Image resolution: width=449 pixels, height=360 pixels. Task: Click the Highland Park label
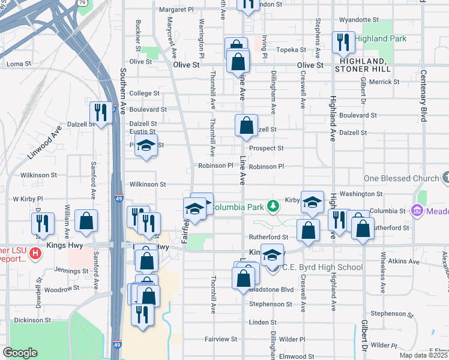click(x=380, y=38)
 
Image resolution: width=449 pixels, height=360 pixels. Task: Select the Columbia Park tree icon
click(x=273, y=206)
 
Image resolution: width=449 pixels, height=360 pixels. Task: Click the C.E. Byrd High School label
click(x=322, y=267)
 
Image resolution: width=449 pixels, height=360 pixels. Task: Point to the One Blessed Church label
click(x=402, y=179)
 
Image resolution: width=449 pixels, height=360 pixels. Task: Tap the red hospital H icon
click(x=35, y=253)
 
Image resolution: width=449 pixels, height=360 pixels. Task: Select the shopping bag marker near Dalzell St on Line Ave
click(x=246, y=127)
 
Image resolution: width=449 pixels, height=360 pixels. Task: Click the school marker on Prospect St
click(x=145, y=146)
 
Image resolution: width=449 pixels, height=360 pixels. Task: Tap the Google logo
click(x=20, y=353)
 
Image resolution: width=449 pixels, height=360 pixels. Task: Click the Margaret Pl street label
click(x=176, y=10)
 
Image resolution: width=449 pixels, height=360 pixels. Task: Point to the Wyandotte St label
click(x=359, y=20)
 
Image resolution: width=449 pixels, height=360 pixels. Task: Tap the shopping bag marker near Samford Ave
click(x=87, y=221)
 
